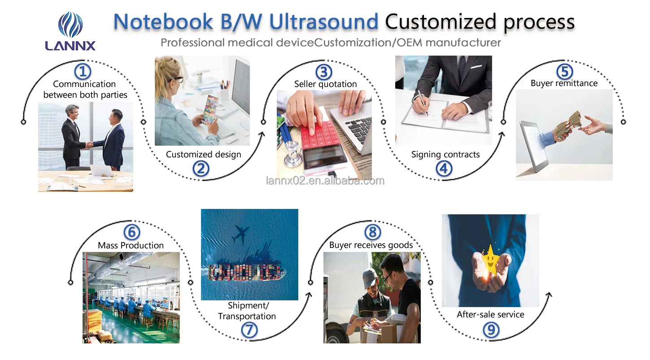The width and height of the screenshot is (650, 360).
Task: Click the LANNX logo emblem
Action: point(70,24)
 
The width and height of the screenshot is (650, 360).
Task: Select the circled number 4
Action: point(444,169)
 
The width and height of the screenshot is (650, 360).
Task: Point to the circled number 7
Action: point(250,330)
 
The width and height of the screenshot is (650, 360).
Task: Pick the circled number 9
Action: point(490,330)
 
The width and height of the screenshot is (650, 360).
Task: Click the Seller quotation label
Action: point(325,84)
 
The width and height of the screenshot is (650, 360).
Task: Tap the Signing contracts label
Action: point(445,155)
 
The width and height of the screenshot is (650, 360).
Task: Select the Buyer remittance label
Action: point(564,83)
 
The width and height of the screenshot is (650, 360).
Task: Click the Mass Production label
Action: point(131,245)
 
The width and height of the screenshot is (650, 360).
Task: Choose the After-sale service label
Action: point(490,314)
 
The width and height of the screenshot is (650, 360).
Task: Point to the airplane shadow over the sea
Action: point(241,234)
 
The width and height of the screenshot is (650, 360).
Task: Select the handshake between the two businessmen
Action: point(89,145)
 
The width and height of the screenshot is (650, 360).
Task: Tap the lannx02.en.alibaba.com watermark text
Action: point(325,181)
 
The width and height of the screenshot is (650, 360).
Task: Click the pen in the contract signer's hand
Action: point(422,102)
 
